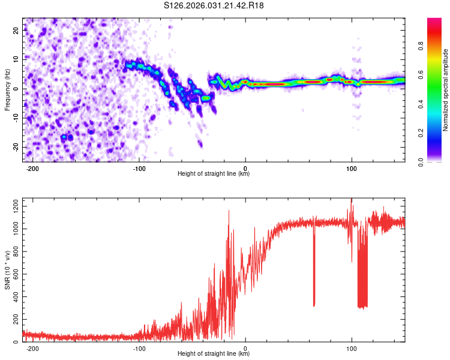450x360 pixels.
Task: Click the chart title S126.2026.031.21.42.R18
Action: (x=214, y=6)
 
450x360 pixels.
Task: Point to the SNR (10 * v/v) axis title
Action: (x=7, y=270)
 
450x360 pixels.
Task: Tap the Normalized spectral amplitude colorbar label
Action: (x=445, y=90)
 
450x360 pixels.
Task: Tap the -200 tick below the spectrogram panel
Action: (x=32, y=169)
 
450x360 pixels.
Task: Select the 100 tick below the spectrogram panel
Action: (x=352, y=169)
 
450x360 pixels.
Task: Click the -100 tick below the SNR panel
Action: (x=139, y=349)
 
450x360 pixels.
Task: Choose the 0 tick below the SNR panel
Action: (x=245, y=349)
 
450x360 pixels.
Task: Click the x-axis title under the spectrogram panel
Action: (x=214, y=174)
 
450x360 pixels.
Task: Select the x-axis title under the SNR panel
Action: (x=214, y=354)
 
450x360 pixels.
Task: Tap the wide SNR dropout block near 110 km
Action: (x=362, y=276)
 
